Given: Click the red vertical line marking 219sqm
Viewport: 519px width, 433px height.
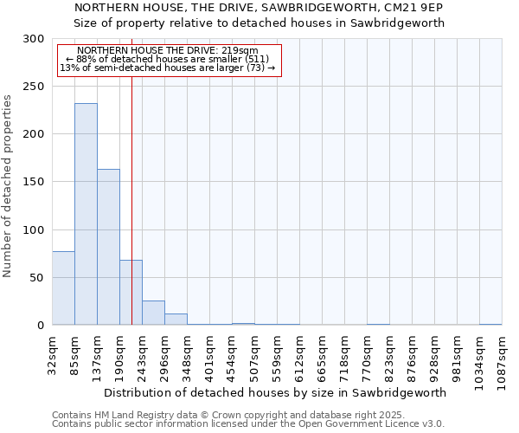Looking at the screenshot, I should coord(131,173).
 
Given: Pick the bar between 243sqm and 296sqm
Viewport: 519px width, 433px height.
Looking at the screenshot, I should coord(153,313).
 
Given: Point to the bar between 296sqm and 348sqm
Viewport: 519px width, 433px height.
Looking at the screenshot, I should coord(176,319).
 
